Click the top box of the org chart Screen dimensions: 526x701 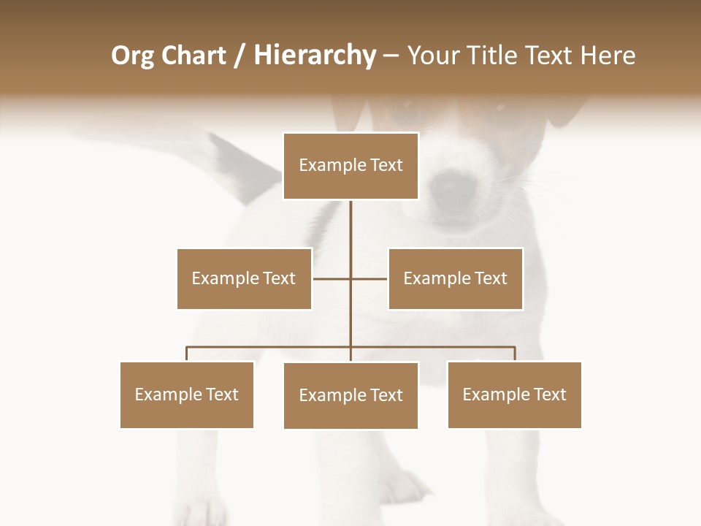pyautogui.click(x=350, y=166)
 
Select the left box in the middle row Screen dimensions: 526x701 pyautogui.click(x=244, y=278)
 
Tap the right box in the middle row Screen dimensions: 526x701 pyautogui.click(x=455, y=278)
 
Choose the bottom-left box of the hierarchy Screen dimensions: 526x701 pyautogui.click(x=187, y=394)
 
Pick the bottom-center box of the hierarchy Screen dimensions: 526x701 pyautogui.click(x=350, y=395)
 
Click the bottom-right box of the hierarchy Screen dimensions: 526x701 pyautogui.click(x=514, y=394)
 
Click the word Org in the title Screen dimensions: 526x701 pyautogui.click(x=131, y=56)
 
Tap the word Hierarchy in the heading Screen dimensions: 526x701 pyautogui.click(x=314, y=56)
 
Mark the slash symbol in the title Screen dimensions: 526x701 pyautogui.click(x=240, y=56)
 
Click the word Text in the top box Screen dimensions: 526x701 pyautogui.click(x=385, y=166)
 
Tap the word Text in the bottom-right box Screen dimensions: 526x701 pyautogui.click(x=549, y=394)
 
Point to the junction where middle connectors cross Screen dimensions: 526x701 pyautogui.click(x=350, y=278)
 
